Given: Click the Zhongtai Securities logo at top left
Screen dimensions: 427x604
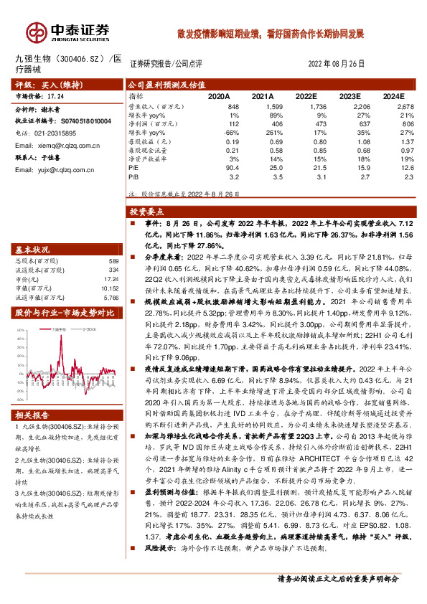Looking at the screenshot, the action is [x=69, y=32].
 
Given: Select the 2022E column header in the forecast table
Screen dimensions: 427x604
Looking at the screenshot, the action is [x=306, y=95].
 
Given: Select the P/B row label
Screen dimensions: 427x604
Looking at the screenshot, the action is [x=133, y=175].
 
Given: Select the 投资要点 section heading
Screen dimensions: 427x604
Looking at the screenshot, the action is [x=148, y=212].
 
